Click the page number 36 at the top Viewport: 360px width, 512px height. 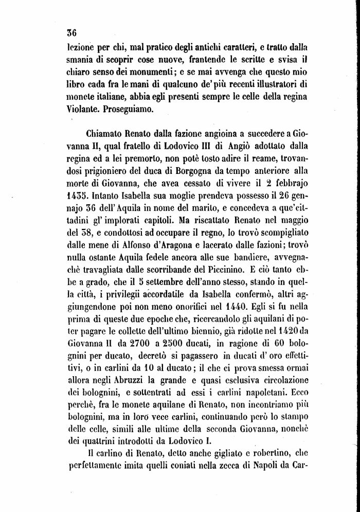coord(71,32)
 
